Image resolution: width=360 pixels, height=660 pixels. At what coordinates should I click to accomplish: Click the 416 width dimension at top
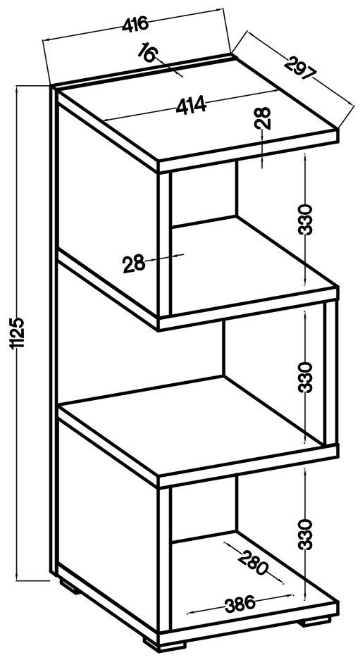click(x=135, y=25)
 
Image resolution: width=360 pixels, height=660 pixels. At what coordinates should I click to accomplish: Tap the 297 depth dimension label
click(x=301, y=69)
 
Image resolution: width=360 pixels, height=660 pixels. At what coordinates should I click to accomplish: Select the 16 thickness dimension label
click(x=148, y=53)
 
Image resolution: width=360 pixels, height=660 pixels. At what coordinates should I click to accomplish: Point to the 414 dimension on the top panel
click(x=191, y=105)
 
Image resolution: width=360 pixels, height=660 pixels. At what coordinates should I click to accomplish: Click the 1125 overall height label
click(x=19, y=333)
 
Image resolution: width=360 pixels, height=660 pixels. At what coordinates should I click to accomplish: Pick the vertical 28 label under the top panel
click(x=263, y=118)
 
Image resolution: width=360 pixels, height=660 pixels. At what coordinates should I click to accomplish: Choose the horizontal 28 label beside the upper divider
click(x=134, y=264)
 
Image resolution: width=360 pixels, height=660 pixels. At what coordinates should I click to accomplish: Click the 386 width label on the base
click(x=240, y=605)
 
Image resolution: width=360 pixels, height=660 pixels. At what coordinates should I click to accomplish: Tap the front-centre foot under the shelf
click(x=165, y=643)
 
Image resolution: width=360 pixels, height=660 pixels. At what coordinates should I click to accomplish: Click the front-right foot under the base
click(x=316, y=621)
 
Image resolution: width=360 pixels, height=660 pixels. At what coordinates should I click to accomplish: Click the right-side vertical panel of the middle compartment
click(x=331, y=373)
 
